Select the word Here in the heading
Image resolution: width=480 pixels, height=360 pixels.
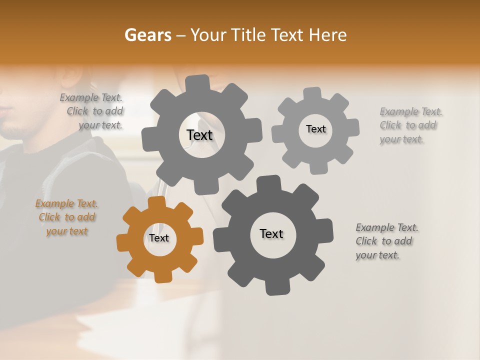tap(328, 35)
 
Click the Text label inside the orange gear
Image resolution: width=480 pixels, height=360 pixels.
tap(159, 238)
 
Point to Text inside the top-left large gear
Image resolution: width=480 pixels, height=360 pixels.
tap(199, 135)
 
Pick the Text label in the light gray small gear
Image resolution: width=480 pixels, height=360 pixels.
tap(315, 129)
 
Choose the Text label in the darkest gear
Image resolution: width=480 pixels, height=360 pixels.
tap(271, 233)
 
